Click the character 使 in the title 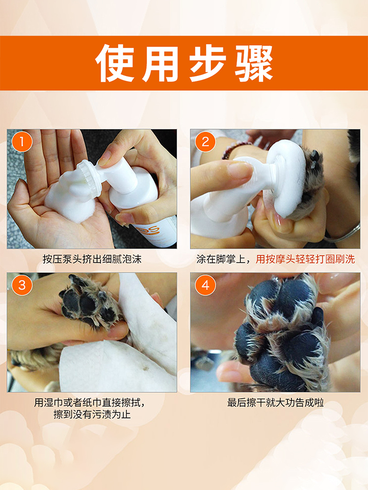coord(115,63)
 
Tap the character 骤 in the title coord(254,63)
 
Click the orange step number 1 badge coord(22,142)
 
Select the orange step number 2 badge coord(205,142)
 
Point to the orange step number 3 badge coord(22,285)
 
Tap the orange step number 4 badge coord(205,285)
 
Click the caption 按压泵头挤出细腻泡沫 coord(92,259)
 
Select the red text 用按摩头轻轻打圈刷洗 coord(305,259)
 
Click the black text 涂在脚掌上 coord(221,259)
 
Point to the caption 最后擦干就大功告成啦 coord(275,402)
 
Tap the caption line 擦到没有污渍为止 coord(92,415)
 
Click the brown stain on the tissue coord(146,368)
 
